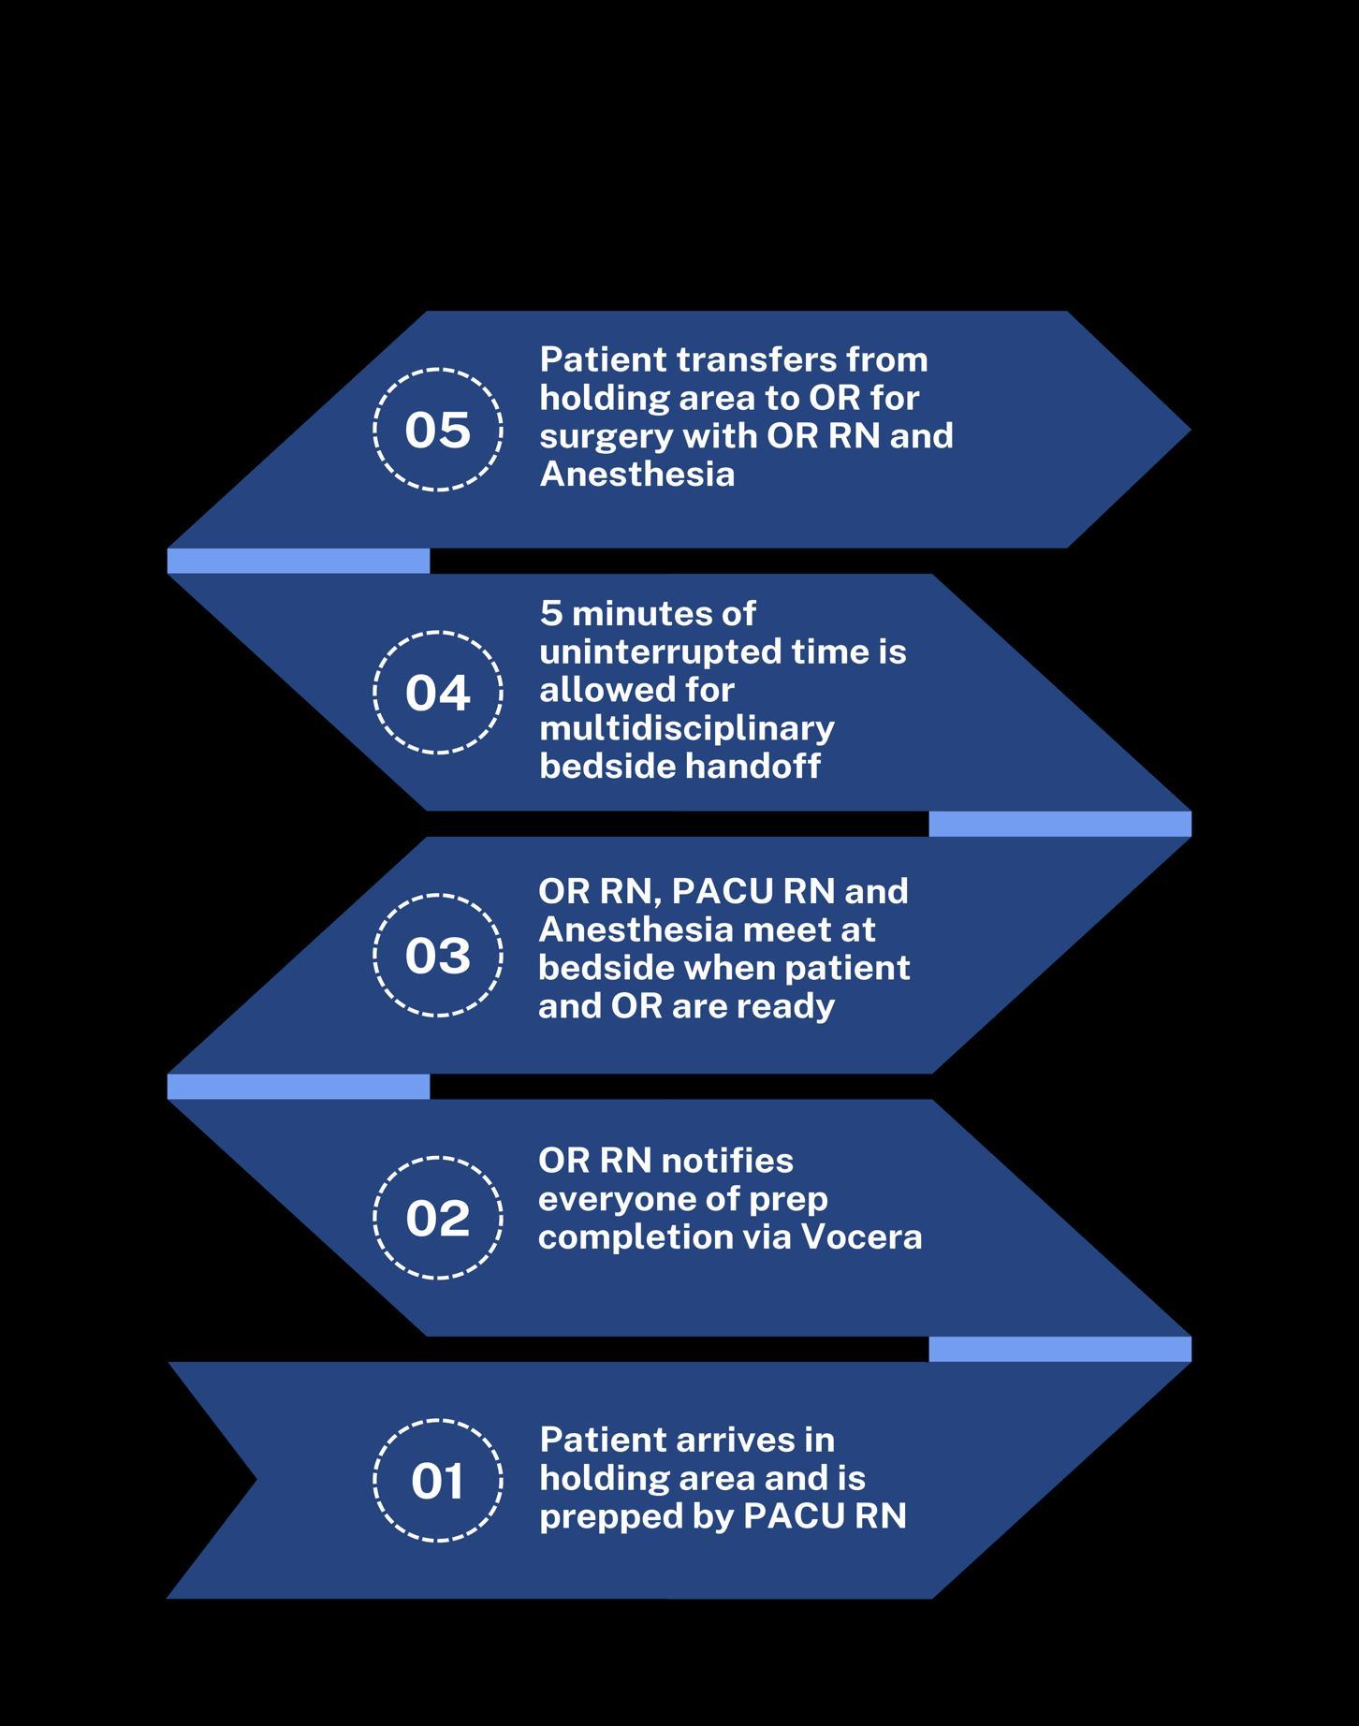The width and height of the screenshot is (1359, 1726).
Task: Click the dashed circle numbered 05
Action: (438, 430)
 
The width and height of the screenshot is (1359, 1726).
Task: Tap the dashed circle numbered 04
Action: (438, 693)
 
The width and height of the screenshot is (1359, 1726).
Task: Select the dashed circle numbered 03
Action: (438, 955)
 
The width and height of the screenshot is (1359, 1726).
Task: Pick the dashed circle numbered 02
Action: (438, 1218)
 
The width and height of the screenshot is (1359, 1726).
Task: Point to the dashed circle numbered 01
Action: (438, 1481)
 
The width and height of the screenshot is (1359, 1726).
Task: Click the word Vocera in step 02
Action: (861, 1237)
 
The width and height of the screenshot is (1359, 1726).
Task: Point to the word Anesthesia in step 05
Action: (636, 474)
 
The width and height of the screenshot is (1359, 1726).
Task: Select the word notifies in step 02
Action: (727, 1161)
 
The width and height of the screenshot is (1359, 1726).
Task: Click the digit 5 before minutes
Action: (550, 614)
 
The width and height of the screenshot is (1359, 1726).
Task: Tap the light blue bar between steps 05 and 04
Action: (298, 561)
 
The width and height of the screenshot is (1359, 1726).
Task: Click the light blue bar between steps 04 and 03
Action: (1059, 824)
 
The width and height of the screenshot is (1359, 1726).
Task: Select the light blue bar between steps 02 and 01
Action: (1059, 1349)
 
